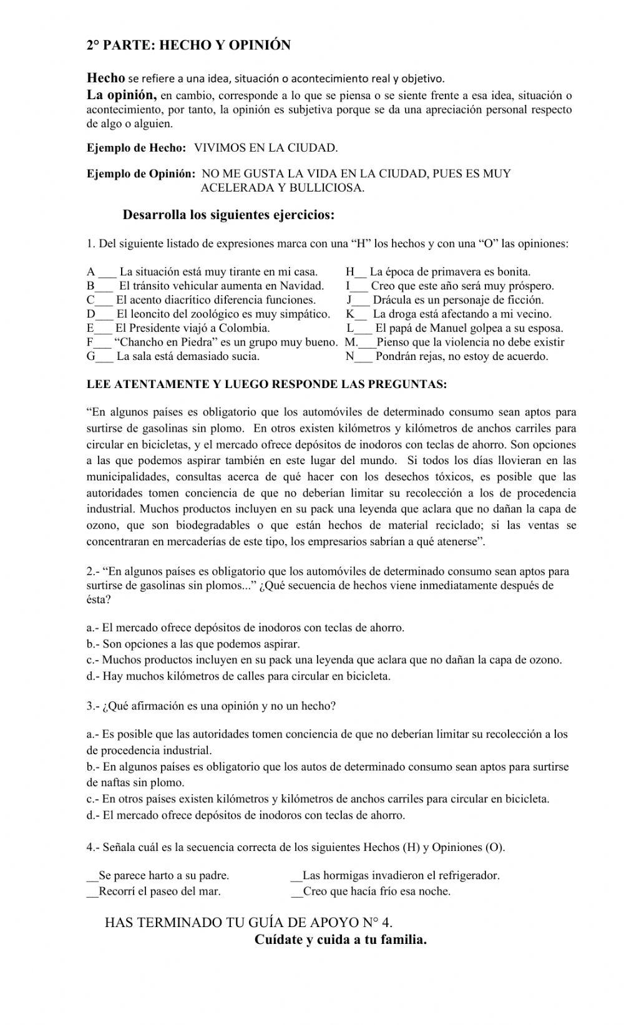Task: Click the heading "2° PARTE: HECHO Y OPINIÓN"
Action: pos(188,46)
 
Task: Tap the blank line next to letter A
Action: pos(107,273)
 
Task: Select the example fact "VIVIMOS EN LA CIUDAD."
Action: pos(266,148)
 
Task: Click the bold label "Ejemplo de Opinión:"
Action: pos(141,174)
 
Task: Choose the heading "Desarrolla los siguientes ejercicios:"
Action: pos(228,215)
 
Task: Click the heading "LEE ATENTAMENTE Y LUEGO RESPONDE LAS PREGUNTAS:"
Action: pos(266,385)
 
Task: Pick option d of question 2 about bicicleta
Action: pos(238,676)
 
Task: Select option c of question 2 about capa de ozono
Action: pos(324,660)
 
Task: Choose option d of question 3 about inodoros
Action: pos(245,815)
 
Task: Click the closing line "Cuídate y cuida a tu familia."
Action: pos(341,940)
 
